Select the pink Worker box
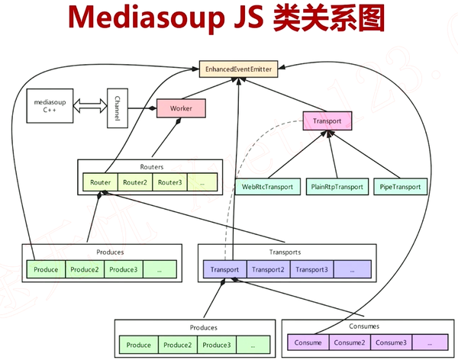click(x=181, y=108)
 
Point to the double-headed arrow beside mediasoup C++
click(x=88, y=108)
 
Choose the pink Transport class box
click(x=327, y=121)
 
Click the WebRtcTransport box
click(x=267, y=186)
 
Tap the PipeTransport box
click(x=399, y=186)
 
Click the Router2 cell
click(x=135, y=182)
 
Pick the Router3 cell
click(x=169, y=182)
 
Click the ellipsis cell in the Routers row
click(x=201, y=182)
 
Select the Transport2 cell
click(x=267, y=269)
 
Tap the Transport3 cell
click(x=311, y=269)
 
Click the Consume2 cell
click(x=347, y=342)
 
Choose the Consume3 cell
click(x=391, y=342)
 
